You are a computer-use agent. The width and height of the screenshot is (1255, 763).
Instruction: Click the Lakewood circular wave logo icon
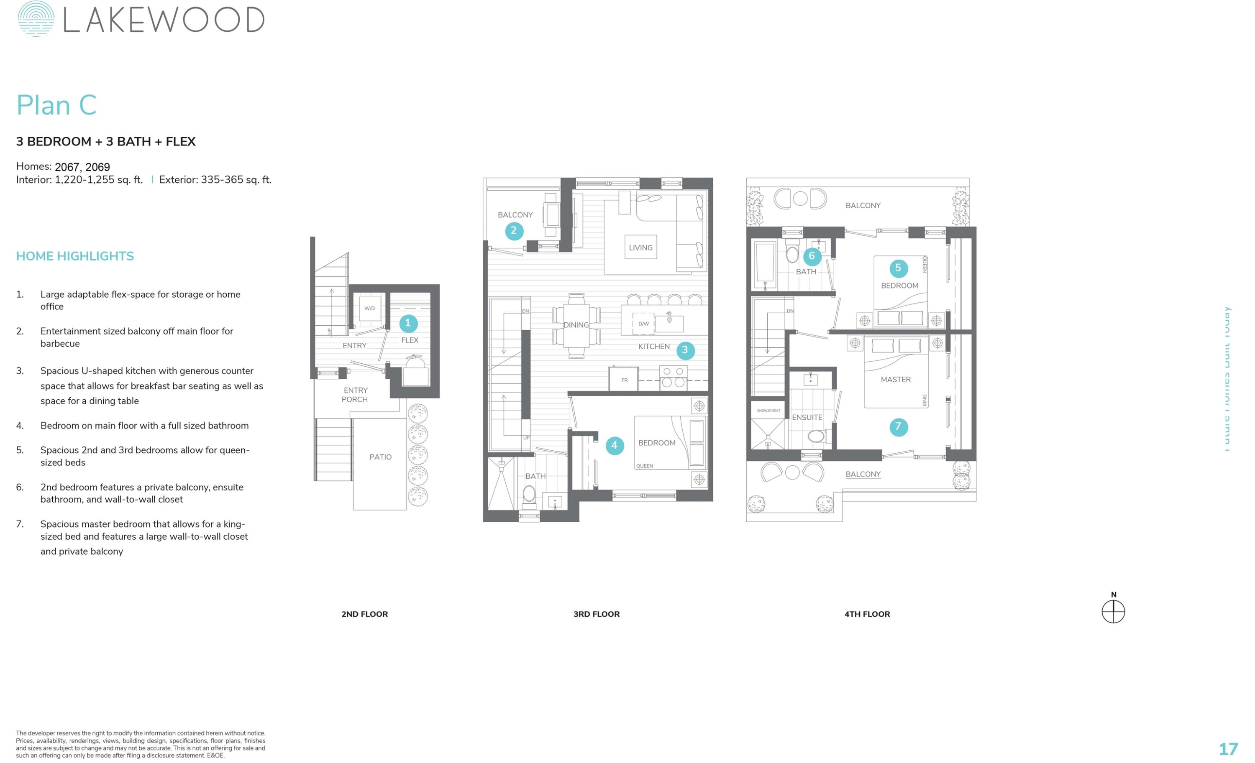click(36, 19)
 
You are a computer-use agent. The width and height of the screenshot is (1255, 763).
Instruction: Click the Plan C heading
click(56, 105)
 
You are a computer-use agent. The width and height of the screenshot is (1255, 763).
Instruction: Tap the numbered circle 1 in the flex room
click(408, 323)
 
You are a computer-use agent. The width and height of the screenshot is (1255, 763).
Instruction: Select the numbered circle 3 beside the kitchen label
click(685, 350)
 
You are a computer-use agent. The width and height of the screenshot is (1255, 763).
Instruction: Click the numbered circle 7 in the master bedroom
click(898, 427)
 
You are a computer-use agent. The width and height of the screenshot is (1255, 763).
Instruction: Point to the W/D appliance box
click(370, 309)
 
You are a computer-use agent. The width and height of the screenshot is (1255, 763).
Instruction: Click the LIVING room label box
click(640, 248)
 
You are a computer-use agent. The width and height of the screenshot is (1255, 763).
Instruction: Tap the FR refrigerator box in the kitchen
click(624, 380)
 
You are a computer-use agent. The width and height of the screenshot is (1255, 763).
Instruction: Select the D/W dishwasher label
click(643, 324)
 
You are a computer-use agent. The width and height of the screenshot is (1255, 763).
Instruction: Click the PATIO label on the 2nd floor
click(380, 457)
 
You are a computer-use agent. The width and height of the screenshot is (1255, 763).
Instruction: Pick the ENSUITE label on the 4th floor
click(807, 417)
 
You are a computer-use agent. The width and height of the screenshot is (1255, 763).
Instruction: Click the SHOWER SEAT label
click(768, 410)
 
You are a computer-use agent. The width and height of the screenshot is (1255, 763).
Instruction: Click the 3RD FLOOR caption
click(597, 614)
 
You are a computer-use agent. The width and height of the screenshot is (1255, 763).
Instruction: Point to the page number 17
click(1228, 749)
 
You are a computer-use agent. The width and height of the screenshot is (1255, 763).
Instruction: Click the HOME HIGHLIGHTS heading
click(75, 256)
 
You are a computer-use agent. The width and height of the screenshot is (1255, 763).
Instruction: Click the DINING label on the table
click(576, 325)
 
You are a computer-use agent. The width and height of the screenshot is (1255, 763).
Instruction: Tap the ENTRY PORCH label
click(355, 395)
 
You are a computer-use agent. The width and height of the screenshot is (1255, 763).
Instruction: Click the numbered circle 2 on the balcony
click(513, 231)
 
